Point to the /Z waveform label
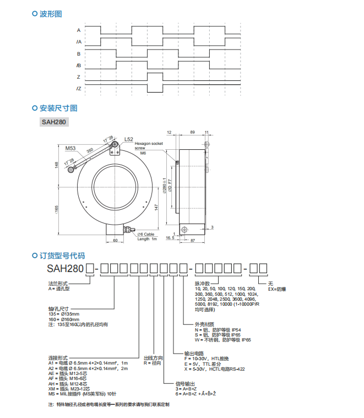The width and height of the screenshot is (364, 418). click(x=79, y=89)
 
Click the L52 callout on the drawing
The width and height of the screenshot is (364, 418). click(x=129, y=140)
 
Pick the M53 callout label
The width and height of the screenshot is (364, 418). click(x=70, y=148)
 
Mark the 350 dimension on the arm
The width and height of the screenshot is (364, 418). click(x=90, y=150)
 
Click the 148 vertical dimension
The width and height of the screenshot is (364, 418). click(x=56, y=165)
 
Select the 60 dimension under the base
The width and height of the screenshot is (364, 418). click(x=115, y=241)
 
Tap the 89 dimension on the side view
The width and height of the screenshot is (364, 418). click(x=192, y=133)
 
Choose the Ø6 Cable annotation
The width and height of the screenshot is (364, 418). click(x=147, y=235)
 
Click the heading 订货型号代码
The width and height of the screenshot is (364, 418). click(x=62, y=256)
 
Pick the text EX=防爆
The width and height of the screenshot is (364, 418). click(x=277, y=288)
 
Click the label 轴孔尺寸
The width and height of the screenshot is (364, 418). click(x=57, y=308)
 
